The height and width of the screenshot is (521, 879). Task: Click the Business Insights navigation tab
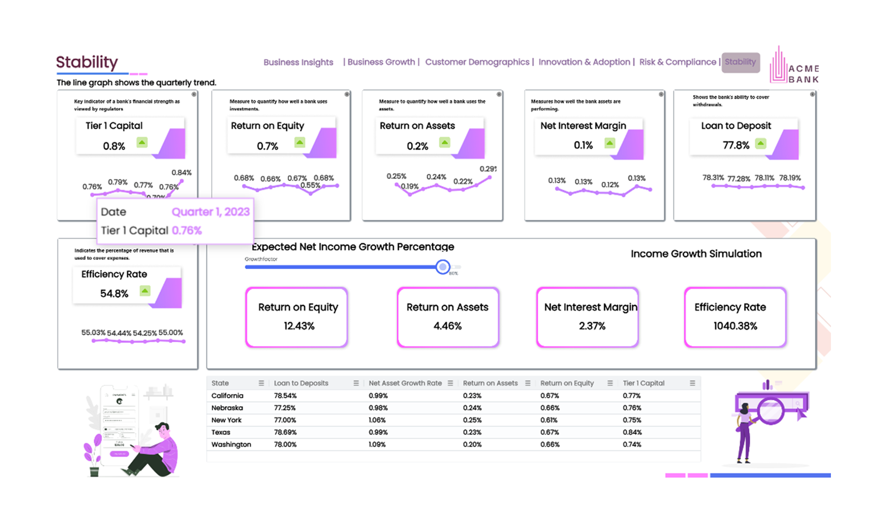pos(298,62)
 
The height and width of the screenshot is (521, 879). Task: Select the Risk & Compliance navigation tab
pos(677,62)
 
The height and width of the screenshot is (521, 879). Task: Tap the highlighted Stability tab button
pos(740,62)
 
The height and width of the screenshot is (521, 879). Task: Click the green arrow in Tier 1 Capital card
pos(142,142)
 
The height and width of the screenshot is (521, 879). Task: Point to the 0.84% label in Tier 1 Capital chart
pos(182,173)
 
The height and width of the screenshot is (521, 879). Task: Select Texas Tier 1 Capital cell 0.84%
pos(632,432)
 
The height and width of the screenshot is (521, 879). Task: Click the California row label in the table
pos(227,396)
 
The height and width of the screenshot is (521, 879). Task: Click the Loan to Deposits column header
pos(301,383)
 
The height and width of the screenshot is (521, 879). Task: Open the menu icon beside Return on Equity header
pos(610,383)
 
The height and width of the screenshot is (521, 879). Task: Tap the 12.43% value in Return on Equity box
pos(299,326)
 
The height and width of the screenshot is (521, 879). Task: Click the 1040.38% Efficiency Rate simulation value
pos(735,326)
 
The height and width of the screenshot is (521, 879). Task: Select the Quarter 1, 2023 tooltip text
pos(211,212)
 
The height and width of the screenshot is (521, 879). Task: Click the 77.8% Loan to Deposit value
pos(736,145)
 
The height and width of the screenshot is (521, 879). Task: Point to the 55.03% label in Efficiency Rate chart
pos(93,332)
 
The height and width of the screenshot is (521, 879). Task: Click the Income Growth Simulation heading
pos(696,254)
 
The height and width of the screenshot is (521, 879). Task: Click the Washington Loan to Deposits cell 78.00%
pos(285,444)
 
